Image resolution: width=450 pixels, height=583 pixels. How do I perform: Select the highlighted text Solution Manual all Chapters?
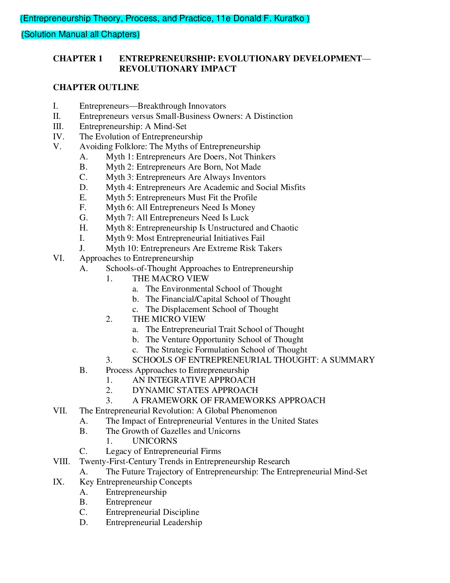80,34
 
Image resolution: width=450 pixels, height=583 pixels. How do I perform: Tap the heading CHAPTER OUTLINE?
96,87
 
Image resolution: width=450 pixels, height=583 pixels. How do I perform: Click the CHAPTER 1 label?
78,59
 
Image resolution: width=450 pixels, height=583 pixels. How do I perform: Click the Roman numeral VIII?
61,461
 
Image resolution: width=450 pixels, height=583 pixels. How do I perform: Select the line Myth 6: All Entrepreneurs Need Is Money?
180,207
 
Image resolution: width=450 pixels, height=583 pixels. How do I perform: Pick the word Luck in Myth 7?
240,218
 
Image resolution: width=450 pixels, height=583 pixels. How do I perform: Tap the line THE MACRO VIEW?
170,279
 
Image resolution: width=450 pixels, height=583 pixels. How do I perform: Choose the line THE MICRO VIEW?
169,319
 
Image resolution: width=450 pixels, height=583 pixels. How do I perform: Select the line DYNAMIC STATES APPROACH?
195,390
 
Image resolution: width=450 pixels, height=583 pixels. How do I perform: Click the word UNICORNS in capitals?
154,441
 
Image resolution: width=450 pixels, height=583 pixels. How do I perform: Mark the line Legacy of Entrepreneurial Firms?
163,451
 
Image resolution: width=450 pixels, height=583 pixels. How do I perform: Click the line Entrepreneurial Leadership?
154,522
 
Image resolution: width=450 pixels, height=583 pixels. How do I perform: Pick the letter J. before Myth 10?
82,248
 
